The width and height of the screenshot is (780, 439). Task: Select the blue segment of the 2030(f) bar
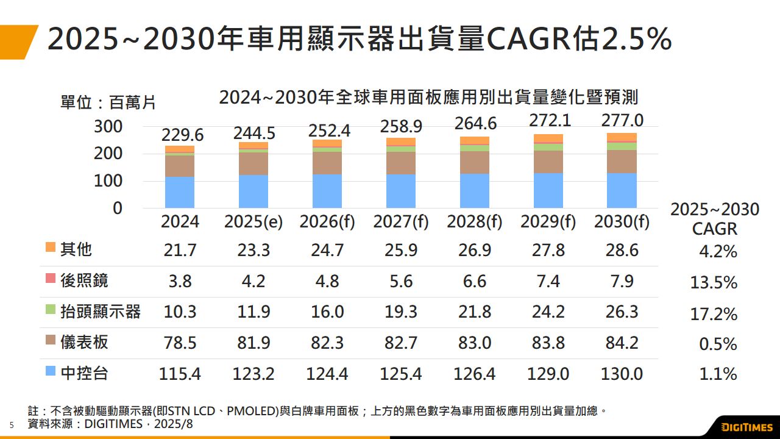click(622, 190)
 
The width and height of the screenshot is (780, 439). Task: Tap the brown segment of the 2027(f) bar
click(401, 163)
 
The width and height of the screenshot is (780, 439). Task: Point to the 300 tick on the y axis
click(108, 126)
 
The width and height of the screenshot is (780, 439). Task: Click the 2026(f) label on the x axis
click(327, 222)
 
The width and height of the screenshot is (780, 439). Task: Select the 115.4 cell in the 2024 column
click(180, 374)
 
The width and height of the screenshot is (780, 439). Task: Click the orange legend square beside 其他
click(51, 248)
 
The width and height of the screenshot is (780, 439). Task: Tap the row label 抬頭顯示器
click(101, 312)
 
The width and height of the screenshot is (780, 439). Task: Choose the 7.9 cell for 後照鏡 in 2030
click(622, 281)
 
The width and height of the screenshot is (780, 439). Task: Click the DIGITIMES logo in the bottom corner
click(747, 426)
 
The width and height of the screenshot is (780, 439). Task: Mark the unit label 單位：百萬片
click(108, 102)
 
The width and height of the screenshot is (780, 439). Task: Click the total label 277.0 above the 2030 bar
click(622, 120)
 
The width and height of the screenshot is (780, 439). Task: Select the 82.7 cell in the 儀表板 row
click(401, 343)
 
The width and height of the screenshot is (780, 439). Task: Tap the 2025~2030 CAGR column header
click(715, 219)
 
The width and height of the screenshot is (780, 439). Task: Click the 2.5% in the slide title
click(636, 40)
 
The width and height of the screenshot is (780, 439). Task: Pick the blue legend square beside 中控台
click(51, 371)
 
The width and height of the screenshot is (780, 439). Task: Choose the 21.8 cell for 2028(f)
click(475, 312)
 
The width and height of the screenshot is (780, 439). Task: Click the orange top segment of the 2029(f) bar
click(548, 138)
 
